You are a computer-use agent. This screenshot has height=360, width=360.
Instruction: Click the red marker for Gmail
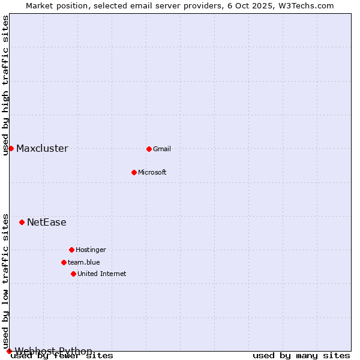point(149,149)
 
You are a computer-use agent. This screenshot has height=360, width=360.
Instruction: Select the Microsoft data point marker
point(134,172)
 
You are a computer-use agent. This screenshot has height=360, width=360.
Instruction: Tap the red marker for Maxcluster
point(11,148)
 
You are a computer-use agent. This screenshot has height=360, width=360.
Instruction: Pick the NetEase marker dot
point(22,222)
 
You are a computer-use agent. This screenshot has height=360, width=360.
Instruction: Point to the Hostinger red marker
point(71,250)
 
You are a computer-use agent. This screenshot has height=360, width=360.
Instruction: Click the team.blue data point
point(64,262)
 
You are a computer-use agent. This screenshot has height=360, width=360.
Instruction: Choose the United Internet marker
point(73,274)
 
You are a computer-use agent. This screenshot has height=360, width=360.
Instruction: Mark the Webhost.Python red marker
point(9,351)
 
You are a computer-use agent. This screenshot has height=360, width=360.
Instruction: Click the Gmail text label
point(162,149)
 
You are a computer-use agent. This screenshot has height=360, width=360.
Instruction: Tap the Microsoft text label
point(152,172)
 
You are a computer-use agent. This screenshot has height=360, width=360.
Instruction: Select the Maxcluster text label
point(42,148)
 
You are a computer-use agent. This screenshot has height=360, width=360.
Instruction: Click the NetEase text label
point(47,222)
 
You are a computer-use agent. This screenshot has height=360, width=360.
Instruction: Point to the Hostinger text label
point(91,250)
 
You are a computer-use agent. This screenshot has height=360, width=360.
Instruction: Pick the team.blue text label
point(84,262)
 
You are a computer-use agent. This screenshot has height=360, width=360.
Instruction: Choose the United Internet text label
point(102,274)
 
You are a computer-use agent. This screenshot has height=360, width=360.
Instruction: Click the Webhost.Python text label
point(53,351)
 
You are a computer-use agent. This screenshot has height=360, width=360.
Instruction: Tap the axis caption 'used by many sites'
point(301,356)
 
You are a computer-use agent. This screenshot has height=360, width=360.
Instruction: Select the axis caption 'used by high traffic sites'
point(5,86)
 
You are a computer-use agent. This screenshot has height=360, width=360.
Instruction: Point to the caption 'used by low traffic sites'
point(5,281)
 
